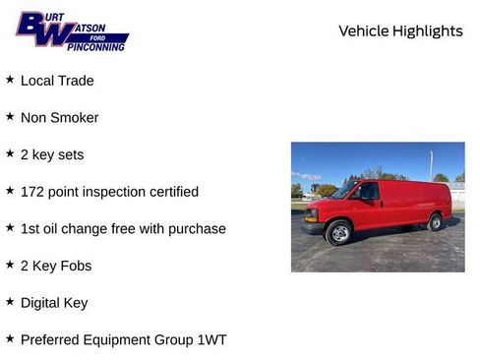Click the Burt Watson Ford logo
71,31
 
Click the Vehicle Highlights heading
400,31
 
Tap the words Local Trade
57,81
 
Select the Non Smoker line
59,118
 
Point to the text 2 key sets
52,154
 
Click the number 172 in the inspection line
33,192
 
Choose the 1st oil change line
123,228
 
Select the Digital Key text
54,303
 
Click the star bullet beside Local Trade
10,80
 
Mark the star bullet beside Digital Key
10,302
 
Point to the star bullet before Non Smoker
10,116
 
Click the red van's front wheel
339,233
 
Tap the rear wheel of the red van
435,222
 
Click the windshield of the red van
345,191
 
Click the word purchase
200,229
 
